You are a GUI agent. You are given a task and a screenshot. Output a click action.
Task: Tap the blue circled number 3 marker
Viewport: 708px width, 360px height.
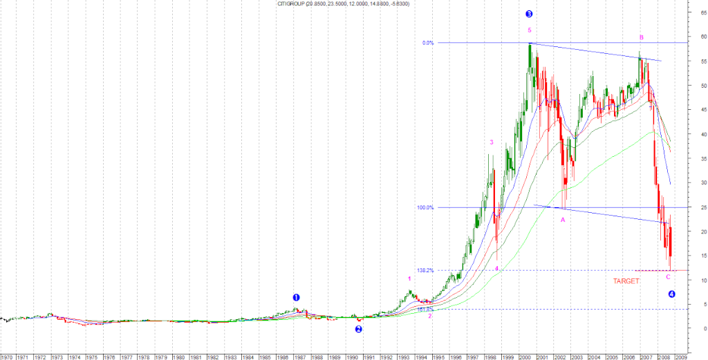529,14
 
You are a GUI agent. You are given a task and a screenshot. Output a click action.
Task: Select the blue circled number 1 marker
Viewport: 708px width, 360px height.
296,299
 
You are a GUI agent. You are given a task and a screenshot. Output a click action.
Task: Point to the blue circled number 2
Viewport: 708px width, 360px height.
359,329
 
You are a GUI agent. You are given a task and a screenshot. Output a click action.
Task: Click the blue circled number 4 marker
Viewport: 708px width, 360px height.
671,294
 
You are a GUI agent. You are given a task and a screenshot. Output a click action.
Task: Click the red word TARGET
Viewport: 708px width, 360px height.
627,281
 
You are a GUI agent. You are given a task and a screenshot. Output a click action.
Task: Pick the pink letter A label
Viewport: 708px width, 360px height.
563,220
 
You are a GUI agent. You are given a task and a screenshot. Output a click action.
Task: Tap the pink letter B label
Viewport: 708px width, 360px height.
642,37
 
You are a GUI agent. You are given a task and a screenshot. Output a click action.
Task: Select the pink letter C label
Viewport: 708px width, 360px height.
668,277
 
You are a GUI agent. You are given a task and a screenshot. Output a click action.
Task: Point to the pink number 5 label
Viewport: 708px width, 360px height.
529,30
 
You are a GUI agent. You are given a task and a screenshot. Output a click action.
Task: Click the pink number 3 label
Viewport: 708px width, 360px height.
492,142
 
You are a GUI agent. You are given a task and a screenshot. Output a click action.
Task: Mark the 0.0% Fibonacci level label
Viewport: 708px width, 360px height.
428,43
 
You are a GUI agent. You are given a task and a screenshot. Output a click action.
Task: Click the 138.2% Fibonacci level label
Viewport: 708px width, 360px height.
425,270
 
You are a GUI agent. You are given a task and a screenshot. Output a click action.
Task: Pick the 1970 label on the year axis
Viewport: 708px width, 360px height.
6,357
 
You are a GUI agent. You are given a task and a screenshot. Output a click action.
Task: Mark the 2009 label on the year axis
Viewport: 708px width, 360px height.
681,357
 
